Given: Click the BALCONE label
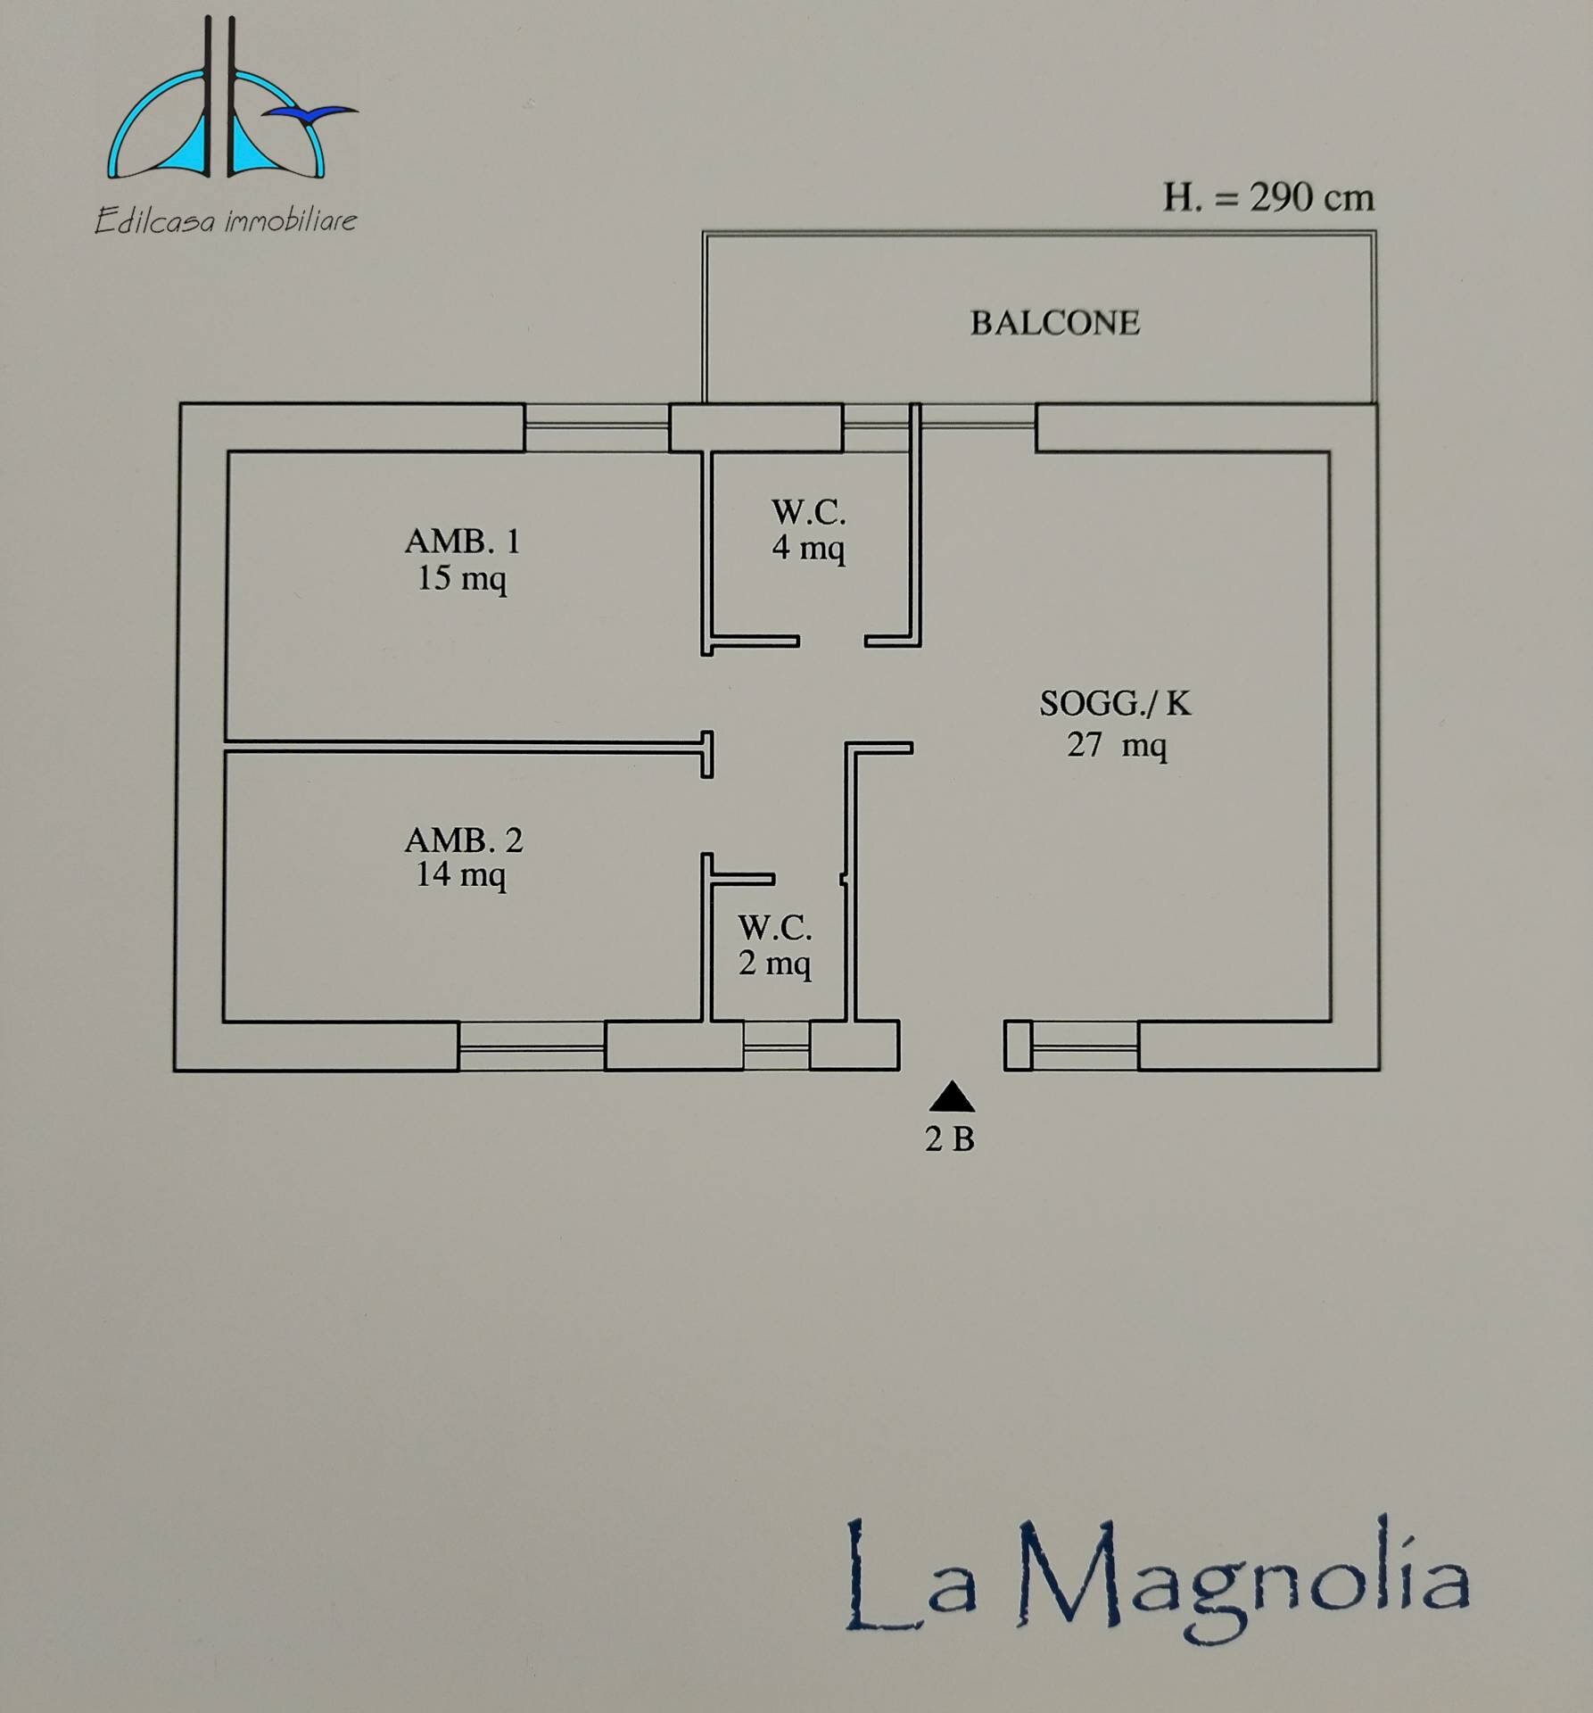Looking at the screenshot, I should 1054,323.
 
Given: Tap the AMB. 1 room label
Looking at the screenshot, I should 462,541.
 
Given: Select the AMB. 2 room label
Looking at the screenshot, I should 463,840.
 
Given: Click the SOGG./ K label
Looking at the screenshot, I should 1115,704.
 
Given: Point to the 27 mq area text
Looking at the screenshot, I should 1117,744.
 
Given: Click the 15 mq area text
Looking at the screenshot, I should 462,578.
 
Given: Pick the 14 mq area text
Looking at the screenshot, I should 461,874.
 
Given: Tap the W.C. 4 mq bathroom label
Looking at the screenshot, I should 808,529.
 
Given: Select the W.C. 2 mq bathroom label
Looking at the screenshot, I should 774,946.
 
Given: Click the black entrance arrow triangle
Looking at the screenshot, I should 952,1096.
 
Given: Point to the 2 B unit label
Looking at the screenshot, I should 950,1139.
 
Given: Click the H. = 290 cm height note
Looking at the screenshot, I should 1267,197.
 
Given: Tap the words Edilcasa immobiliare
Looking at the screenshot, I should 226,220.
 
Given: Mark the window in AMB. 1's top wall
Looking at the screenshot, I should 597,427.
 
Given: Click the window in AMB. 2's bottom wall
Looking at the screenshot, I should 532,1046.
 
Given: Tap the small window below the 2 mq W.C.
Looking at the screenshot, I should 776,1045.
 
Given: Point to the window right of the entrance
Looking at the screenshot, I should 1084,1045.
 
